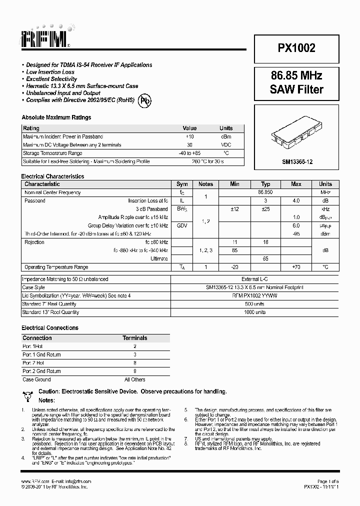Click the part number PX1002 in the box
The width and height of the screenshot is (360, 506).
[x=296, y=48]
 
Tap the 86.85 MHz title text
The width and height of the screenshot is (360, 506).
[x=296, y=75]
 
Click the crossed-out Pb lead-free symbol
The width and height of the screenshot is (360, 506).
[x=145, y=100]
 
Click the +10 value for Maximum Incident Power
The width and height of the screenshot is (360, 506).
[x=189, y=136]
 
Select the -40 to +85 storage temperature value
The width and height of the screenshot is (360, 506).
[x=189, y=153]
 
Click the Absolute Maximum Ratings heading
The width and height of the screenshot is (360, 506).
[x=56, y=117]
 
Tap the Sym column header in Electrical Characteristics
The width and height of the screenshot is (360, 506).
[x=182, y=184]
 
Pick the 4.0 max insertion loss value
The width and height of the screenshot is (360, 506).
[x=296, y=200]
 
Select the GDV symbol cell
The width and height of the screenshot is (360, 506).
[x=182, y=225]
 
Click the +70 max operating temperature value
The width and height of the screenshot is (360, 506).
[x=296, y=267]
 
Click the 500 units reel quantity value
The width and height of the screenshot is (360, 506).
[x=255, y=304]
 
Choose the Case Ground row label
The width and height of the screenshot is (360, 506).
[x=36, y=379]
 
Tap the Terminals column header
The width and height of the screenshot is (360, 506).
[x=135, y=338]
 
